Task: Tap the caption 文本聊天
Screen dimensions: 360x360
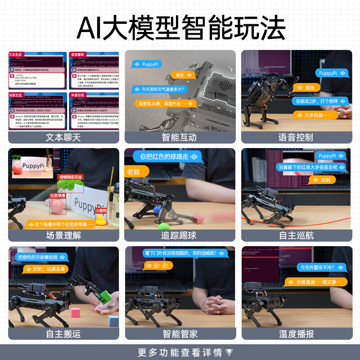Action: [63, 137]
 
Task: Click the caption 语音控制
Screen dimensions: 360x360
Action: [296, 137]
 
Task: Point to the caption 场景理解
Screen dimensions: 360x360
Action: [63, 235]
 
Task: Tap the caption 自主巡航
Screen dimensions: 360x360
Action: [296, 235]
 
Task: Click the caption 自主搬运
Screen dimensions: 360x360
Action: [63, 333]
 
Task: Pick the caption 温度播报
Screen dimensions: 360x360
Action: [296, 333]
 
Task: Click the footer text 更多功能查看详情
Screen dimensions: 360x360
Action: [180, 352]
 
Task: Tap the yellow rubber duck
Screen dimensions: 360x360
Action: [102, 219]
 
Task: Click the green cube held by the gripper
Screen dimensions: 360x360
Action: [105, 297]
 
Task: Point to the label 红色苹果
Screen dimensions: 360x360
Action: [58, 196]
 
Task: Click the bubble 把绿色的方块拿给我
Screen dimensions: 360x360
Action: [41, 257]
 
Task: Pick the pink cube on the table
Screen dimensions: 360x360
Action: [75, 312]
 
